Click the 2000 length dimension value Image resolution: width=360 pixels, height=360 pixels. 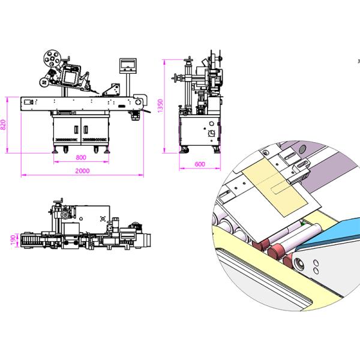point(83,172)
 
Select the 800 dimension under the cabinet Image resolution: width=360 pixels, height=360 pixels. point(82,157)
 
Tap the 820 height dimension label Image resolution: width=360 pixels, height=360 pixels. point(4,125)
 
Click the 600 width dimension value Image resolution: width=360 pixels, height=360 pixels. point(200,163)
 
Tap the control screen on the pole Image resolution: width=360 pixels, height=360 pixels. point(128,64)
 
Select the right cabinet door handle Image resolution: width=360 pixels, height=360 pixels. point(83,128)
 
